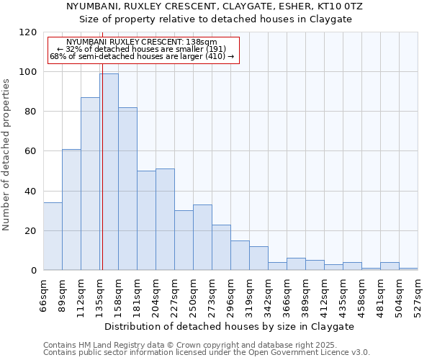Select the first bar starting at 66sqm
tap(53, 236)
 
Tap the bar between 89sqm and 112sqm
tap(71, 210)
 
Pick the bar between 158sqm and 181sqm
tap(127, 189)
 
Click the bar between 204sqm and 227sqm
tap(165, 220)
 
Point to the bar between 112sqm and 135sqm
tap(90, 184)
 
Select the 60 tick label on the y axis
tap(30, 151)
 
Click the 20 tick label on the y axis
tap(30, 231)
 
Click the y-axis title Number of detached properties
tap(7, 155)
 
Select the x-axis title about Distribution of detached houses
tap(230, 326)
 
